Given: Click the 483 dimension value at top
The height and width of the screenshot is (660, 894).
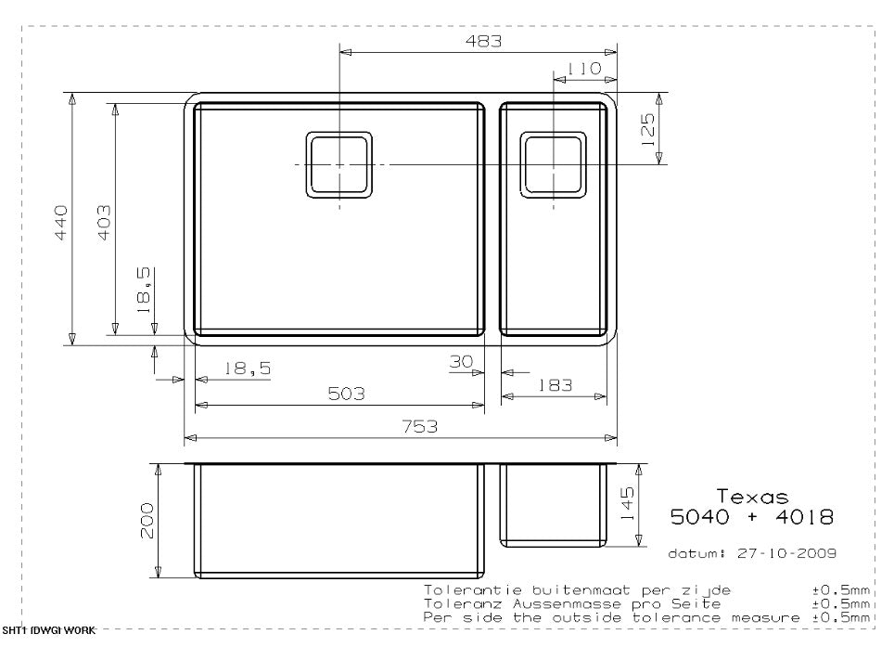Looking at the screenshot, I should (482, 41).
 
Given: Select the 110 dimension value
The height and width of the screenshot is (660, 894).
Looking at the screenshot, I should (584, 68).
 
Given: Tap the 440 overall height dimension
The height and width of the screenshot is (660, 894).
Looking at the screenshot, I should (60, 223).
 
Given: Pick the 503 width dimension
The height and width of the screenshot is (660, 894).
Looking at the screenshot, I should (346, 394).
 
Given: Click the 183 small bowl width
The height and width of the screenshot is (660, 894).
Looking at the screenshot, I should (555, 385).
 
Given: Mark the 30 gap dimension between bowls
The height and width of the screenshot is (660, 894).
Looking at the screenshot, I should (462, 362).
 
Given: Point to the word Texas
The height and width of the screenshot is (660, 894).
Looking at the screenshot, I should (752, 497).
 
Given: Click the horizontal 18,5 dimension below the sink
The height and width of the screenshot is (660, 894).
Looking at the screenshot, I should (246, 369).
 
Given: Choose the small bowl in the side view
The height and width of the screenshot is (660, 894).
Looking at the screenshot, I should (554, 505).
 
